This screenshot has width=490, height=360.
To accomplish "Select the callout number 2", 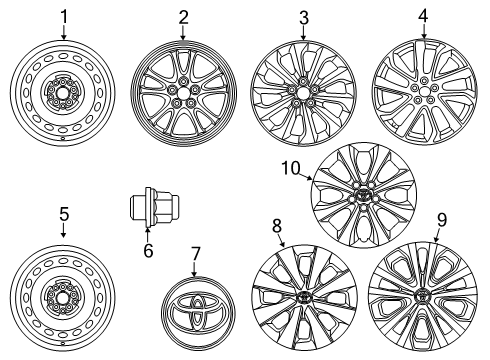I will [183, 16].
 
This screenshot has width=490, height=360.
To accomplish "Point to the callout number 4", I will [423, 16].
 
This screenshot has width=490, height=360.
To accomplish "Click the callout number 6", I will [148, 251].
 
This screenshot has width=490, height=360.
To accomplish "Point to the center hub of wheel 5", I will [63, 298].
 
